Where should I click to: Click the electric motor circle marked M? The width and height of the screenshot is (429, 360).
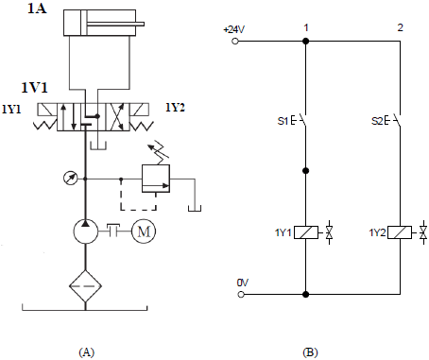(144, 231)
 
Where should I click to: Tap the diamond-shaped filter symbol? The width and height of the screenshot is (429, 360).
(85, 286)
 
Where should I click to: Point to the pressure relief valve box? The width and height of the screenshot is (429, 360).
(156, 179)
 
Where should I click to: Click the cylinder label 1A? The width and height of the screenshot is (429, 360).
(37, 8)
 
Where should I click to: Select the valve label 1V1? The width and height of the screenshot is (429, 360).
(35, 87)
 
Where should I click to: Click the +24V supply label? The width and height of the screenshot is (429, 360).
(234, 29)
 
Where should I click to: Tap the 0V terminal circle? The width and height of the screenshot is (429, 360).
(241, 295)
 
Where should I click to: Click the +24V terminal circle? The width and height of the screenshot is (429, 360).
(235, 42)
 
